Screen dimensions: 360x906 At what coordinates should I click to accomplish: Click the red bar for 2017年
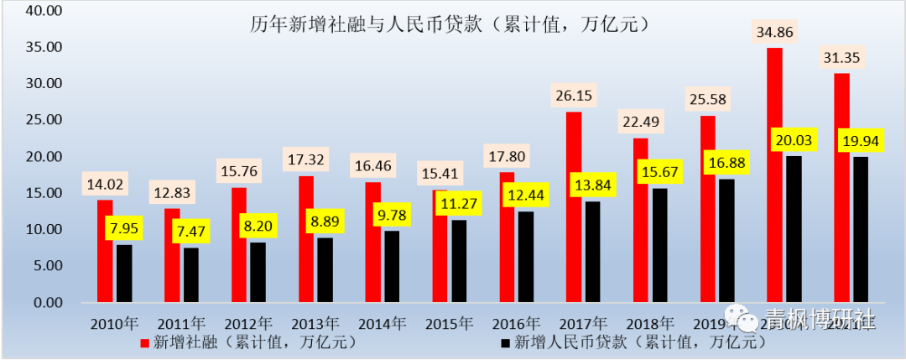(574, 206)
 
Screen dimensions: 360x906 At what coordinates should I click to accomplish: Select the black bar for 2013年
(325, 269)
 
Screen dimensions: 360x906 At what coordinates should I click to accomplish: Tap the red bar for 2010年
(105, 250)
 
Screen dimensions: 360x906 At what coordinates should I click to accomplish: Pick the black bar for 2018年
(660, 245)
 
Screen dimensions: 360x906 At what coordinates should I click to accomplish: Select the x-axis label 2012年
(248, 323)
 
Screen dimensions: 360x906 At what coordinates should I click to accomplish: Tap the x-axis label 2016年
(516, 323)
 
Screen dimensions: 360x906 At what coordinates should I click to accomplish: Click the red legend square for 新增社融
(145, 342)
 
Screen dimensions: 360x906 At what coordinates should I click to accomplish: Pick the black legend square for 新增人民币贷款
(504, 342)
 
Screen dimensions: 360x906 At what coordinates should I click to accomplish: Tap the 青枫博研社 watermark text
(818, 321)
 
